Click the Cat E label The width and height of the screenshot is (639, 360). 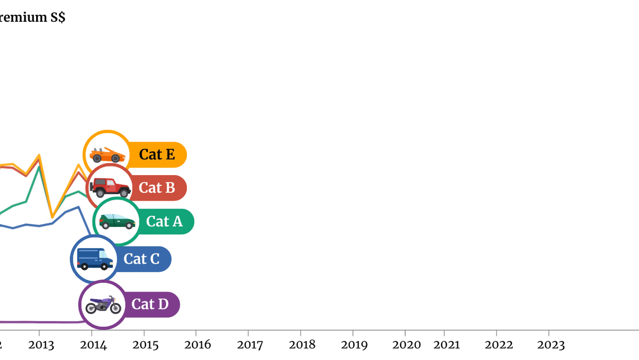click(x=157, y=154)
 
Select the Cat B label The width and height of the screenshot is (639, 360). click(x=157, y=188)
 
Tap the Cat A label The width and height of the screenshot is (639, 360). click(x=165, y=222)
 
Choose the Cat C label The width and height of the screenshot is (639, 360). click(x=142, y=259)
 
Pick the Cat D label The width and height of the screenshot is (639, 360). click(x=150, y=305)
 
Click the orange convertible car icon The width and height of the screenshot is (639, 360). click(x=107, y=154)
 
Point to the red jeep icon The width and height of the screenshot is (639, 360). click(x=110, y=187)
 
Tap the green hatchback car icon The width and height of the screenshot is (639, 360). click(x=117, y=222)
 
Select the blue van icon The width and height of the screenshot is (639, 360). click(x=94, y=259)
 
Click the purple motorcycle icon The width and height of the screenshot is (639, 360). click(x=103, y=305)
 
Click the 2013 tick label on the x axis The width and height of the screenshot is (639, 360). click(x=42, y=345)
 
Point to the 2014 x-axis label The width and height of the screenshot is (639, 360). click(x=94, y=345)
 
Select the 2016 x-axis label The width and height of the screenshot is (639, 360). click(x=198, y=345)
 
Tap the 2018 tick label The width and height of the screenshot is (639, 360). click(x=302, y=345)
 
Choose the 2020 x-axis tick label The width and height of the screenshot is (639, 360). click(x=407, y=345)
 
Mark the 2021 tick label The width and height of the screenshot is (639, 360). click(x=447, y=345)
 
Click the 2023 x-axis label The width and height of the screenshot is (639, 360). click(x=551, y=345)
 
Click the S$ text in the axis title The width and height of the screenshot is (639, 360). click(x=58, y=18)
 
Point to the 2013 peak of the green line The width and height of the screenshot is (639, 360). click(x=39, y=167)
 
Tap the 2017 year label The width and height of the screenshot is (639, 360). click(x=250, y=345)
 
